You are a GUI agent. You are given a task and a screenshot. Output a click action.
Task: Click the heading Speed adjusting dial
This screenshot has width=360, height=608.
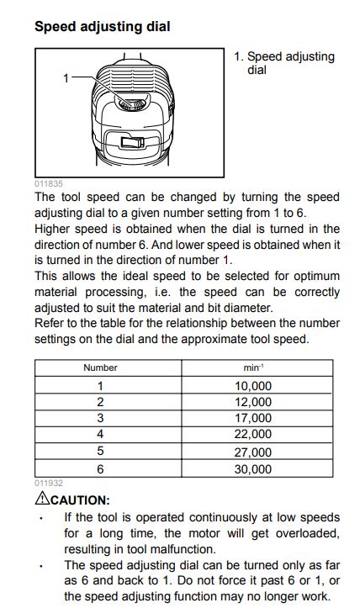[102, 27]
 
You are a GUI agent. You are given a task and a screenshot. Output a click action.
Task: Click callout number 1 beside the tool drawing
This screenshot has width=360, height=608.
[66, 77]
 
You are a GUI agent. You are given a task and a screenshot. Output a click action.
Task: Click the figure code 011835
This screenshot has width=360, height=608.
[48, 183]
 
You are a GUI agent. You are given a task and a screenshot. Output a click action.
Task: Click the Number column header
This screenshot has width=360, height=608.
[100, 367]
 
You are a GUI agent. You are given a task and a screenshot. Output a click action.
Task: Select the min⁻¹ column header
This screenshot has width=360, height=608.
[252, 367]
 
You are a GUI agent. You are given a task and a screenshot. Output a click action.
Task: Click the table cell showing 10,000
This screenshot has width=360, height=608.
[252, 386]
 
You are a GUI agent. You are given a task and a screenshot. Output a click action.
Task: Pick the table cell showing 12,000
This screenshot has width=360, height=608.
[252, 402]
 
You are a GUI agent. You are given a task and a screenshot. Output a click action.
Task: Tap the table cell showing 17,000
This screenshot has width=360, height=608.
[252, 418]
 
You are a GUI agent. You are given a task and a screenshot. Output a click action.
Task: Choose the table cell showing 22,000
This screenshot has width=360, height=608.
[252, 434]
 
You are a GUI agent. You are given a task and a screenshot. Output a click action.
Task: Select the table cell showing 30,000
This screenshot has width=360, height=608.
[252, 469]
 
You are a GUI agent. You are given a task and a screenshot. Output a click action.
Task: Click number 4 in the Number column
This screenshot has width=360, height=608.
[100, 434]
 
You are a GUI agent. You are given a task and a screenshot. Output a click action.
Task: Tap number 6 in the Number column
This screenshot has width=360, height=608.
[100, 469]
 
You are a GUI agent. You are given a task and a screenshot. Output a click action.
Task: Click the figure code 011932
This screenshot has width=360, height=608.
[48, 484]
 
